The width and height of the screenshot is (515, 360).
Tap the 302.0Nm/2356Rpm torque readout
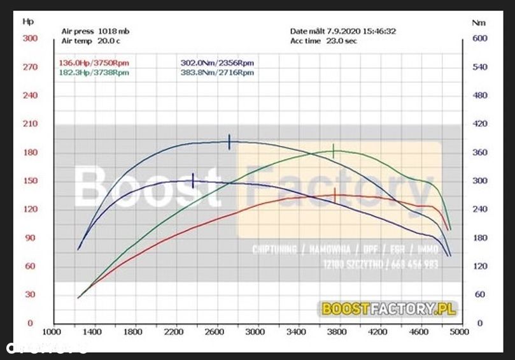point(216,63)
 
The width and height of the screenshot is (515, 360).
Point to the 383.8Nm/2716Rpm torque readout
point(216,73)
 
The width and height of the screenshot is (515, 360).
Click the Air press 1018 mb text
point(95,31)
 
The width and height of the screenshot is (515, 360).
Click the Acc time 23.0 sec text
point(323,40)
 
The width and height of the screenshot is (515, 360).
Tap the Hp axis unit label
point(28,21)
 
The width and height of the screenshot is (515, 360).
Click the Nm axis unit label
point(479,22)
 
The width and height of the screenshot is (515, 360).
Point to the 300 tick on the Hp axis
point(30,38)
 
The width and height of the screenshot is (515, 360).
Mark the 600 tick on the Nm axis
point(479,38)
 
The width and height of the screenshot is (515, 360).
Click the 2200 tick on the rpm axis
point(174,332)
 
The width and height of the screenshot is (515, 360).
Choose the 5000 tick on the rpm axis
point(459,332)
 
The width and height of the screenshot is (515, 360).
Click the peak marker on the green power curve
point(334,152)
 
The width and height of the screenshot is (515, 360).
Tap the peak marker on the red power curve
point(335,195)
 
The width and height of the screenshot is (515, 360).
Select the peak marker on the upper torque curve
point(229,142)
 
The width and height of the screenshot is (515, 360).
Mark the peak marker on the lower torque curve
point(193,181)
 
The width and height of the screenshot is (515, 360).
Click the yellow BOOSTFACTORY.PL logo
point(389,309)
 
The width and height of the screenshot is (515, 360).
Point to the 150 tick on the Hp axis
point(30,181)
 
